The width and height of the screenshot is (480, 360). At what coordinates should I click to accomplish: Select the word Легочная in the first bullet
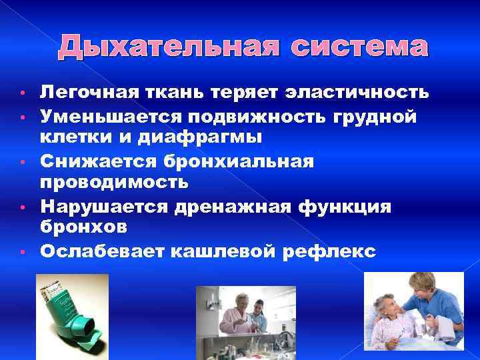point(83,92)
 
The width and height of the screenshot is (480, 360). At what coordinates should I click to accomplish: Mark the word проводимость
point(113,181)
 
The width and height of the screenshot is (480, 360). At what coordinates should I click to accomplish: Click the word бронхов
point(83,227)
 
